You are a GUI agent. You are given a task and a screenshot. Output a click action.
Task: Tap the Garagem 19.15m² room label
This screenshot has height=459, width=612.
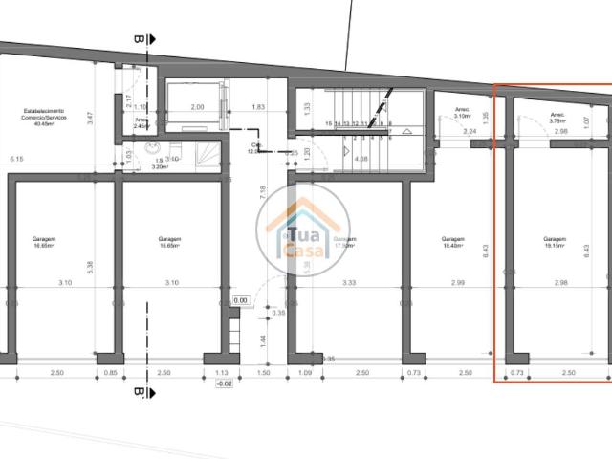coord(554,243)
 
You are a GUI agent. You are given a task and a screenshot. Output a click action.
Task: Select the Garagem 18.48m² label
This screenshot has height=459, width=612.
coord(453,243)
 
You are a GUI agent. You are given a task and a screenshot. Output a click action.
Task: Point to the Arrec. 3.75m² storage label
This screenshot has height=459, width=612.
coord(557,119)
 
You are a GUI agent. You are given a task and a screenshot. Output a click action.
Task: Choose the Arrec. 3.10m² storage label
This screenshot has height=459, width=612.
coord(465,112)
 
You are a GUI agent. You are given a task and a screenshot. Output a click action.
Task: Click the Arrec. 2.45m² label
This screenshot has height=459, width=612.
coord(141,122)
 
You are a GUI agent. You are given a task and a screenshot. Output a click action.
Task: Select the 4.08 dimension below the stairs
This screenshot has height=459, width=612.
coord(361,159)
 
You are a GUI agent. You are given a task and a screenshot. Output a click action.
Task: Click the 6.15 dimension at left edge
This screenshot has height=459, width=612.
coord(16,158)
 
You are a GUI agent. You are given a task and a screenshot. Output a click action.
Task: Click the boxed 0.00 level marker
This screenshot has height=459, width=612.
coord(240,299)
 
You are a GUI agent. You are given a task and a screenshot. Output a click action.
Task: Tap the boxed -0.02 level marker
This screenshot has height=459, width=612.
coord(225,383)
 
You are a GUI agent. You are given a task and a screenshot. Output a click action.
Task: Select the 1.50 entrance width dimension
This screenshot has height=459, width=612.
coord(263,373)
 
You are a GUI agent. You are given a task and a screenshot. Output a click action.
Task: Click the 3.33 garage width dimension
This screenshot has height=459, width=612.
coord(348,282)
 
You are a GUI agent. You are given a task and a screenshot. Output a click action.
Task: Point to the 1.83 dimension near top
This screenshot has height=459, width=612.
coord(258,107)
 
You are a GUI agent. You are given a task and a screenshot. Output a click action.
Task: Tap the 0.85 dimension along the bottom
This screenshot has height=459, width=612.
coord(110,373)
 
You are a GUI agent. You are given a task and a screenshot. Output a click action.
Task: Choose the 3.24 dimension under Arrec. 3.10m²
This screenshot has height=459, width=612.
coord(469,131)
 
